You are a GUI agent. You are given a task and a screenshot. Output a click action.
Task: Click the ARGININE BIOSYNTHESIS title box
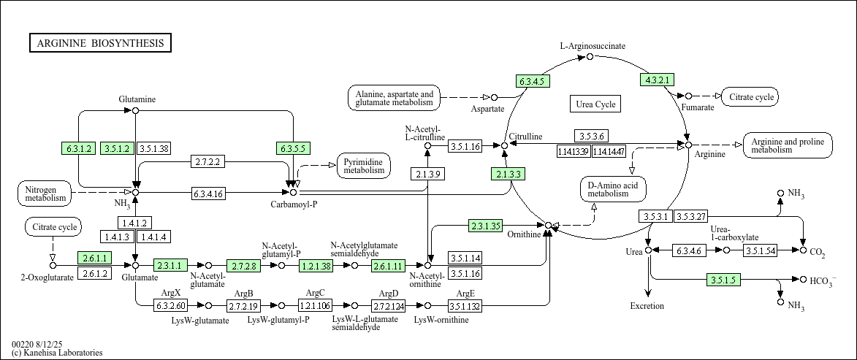101,43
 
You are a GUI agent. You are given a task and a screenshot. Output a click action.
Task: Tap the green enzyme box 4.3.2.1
657,80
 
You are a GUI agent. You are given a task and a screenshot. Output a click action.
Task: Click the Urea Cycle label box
595,104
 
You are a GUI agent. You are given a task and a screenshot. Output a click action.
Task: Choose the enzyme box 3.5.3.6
591,136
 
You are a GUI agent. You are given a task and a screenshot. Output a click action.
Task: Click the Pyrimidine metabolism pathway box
364,166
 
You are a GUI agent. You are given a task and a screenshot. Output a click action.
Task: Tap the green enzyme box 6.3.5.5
293,148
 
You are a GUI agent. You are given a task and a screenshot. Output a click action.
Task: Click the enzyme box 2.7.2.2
208,161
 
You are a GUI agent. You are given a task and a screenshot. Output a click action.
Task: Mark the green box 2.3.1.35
485,226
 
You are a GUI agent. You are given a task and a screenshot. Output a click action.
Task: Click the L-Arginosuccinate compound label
593,46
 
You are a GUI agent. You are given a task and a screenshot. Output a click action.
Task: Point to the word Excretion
647,306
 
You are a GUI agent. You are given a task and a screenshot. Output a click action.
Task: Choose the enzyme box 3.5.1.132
465,305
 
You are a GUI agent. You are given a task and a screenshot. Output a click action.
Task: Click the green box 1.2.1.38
316,266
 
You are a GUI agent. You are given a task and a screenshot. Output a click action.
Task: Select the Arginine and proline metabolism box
788,145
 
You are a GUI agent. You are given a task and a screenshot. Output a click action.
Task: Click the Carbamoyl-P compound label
294,204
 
